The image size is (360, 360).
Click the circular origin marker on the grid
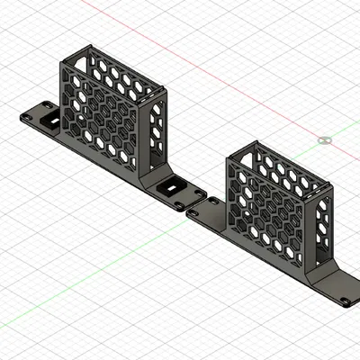point(325,140)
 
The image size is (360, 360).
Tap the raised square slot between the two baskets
point(172,190)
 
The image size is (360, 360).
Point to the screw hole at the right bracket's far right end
point(345,301)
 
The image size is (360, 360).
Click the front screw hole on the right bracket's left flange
point(193,213)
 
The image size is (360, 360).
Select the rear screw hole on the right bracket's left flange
point(212,203)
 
